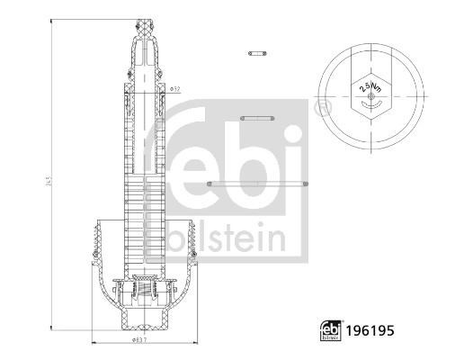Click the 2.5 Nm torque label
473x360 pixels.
369,88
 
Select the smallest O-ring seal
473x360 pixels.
257,53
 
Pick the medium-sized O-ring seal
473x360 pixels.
257,117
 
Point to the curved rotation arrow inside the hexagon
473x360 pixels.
368,104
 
